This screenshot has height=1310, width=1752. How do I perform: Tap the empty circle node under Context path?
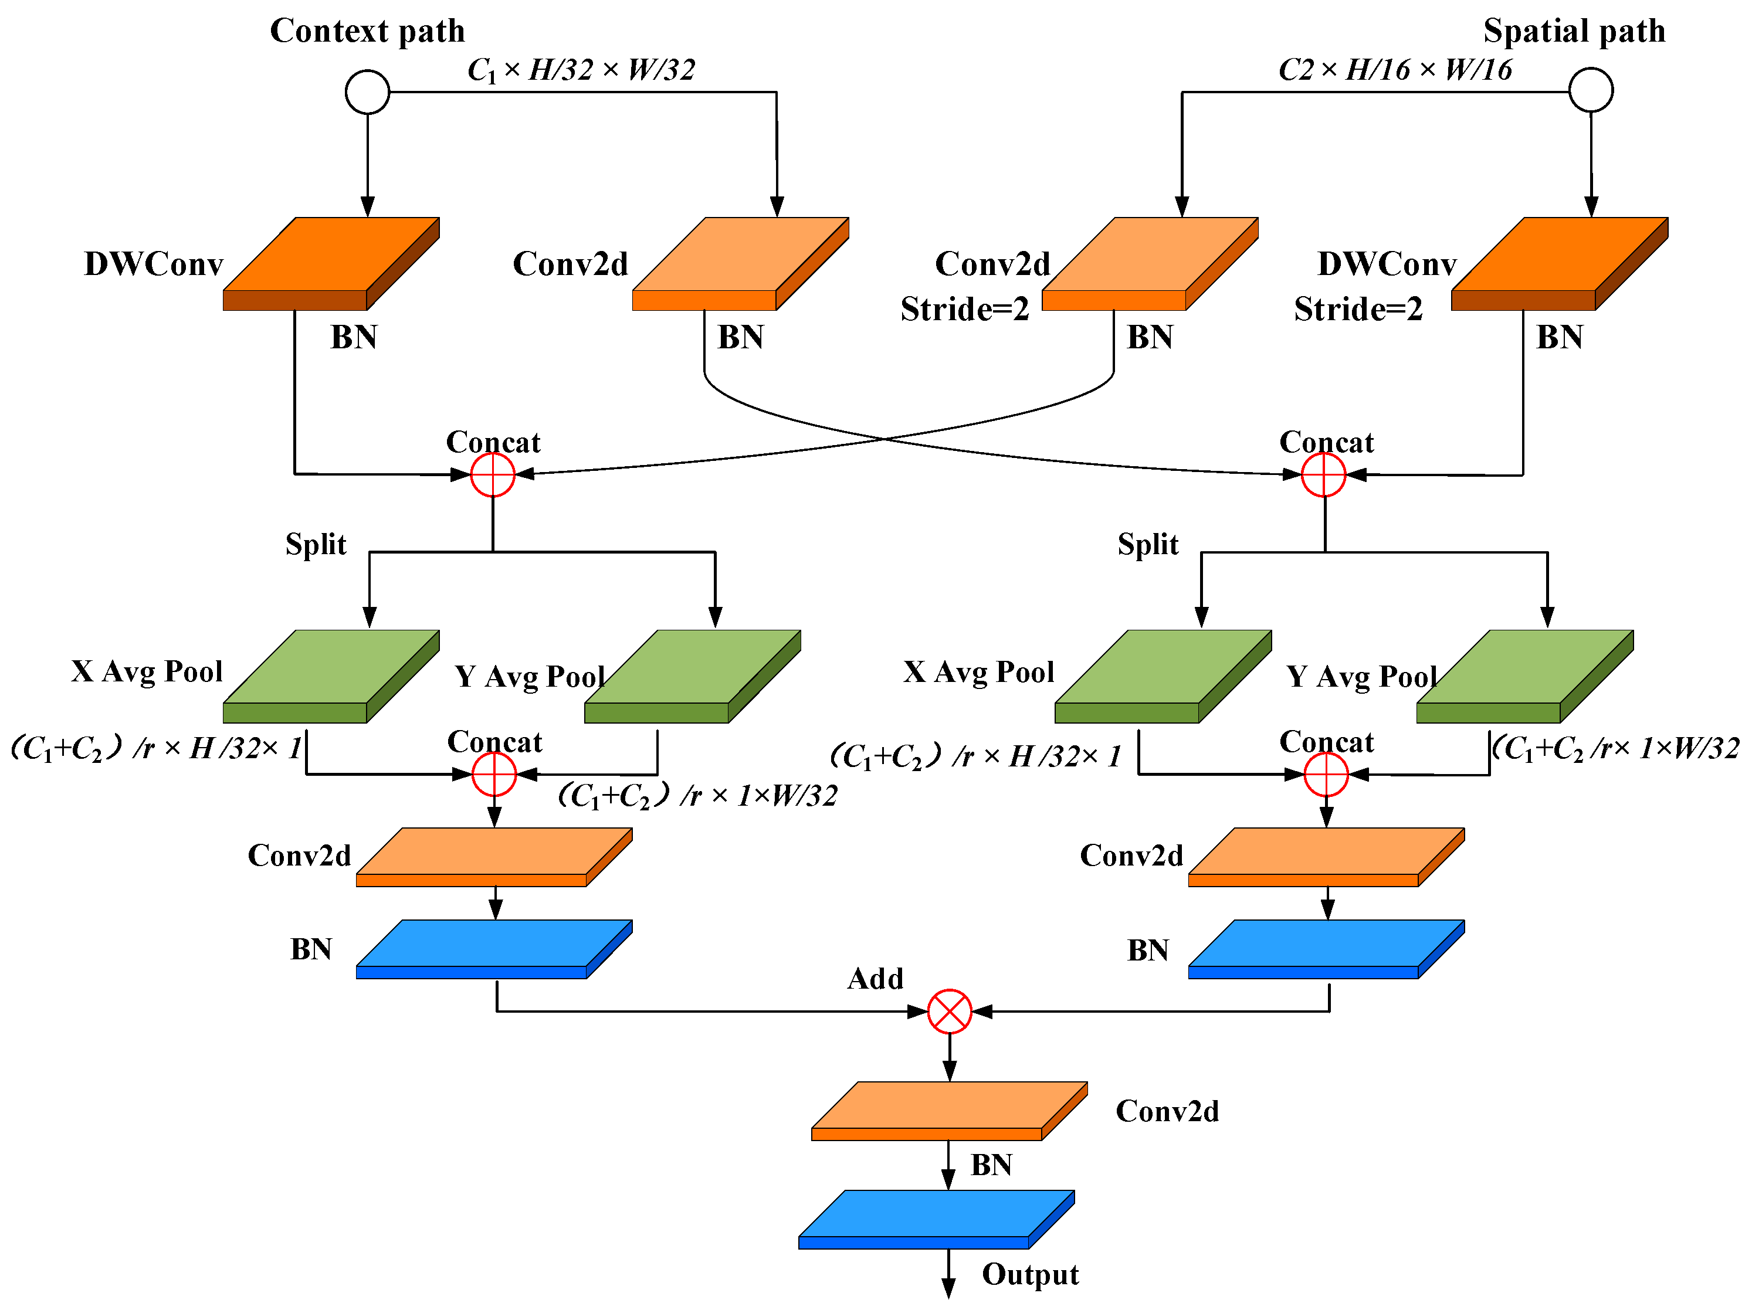click(368, 92)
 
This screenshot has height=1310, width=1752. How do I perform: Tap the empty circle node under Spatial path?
click(1591, 90)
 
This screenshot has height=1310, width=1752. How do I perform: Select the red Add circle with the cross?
click(949, 1012)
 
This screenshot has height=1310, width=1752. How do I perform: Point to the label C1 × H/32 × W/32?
click(581, 70)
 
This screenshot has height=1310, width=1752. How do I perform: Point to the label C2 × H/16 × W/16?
click(1395, 70)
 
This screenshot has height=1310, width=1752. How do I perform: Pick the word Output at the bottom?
click(1029, 1274)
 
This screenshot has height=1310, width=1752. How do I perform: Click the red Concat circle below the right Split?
click(1326, 775)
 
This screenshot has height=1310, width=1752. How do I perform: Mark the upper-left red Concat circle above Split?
click(493, 475)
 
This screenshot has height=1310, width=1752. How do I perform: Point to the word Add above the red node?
click(875, 979)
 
